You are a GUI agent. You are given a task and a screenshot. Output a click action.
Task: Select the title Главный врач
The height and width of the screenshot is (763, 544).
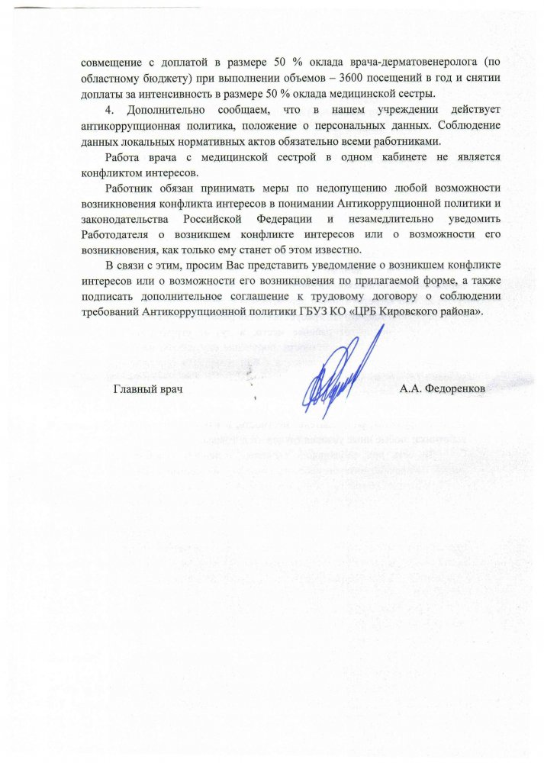150,389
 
